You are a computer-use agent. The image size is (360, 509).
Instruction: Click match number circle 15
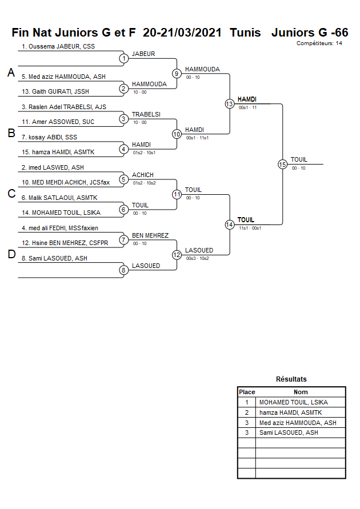(282, 164)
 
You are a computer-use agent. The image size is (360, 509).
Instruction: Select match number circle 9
(177, 73)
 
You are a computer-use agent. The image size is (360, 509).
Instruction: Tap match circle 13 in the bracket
(229, 104)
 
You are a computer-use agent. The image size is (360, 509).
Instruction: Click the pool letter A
(11, 73)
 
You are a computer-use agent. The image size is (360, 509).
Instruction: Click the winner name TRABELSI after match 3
(146, 114)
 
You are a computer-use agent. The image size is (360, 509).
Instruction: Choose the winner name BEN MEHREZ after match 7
(150, 235)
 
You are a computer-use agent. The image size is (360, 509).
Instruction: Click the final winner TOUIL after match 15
(299, 159)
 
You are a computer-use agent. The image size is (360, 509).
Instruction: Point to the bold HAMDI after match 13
(247, 99)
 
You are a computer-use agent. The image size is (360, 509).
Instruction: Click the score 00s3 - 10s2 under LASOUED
(198, 258)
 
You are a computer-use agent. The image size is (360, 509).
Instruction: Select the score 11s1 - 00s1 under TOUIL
(250, 228)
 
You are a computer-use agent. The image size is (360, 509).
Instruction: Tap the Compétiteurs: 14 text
(319, 43)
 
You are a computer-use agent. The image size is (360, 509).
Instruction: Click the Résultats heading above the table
(291, 379)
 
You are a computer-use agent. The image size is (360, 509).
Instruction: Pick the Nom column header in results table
(301, 392)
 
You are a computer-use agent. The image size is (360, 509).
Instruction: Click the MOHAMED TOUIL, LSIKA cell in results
(294, 402)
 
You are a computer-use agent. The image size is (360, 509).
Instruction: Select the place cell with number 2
(247, 412)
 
